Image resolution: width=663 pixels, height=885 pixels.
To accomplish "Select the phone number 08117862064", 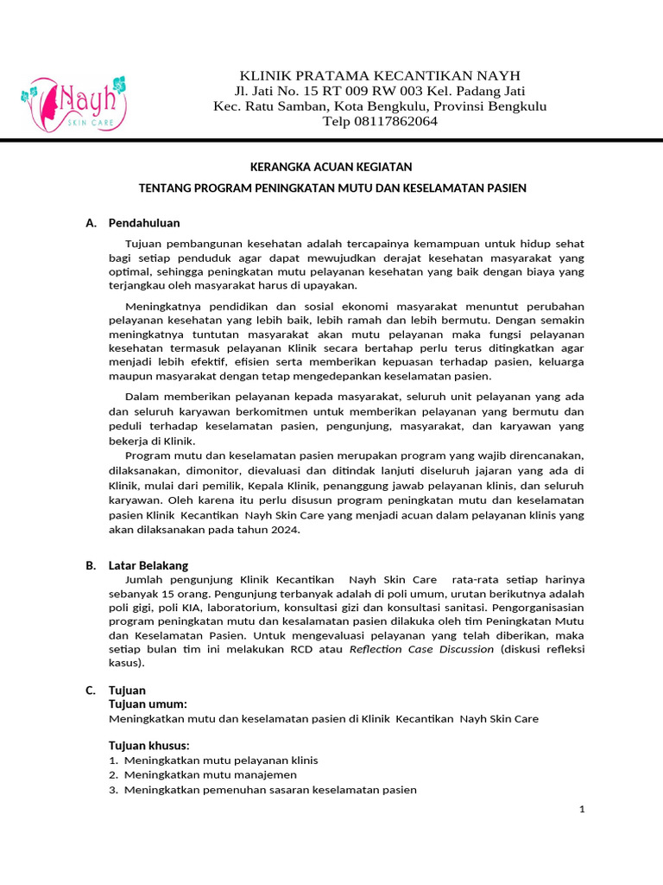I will pos(396,122).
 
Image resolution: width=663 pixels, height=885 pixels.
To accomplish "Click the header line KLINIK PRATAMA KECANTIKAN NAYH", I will pos(380,75).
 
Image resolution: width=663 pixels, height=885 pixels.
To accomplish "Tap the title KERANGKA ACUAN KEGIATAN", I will pos(331,166).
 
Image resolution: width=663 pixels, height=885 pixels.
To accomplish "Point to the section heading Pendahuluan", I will pos(144,223).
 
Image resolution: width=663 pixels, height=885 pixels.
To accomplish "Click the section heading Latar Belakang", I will pos(148,565).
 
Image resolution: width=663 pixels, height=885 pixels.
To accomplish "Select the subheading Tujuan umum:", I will pos(148,704).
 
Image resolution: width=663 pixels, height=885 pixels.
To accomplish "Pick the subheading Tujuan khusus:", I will pos(149,746).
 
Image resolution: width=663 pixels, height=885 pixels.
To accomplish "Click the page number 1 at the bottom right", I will pos(583,809).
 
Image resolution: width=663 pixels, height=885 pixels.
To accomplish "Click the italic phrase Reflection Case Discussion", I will pos(421,649).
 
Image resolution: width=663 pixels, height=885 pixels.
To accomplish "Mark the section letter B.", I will pos(90,565).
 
